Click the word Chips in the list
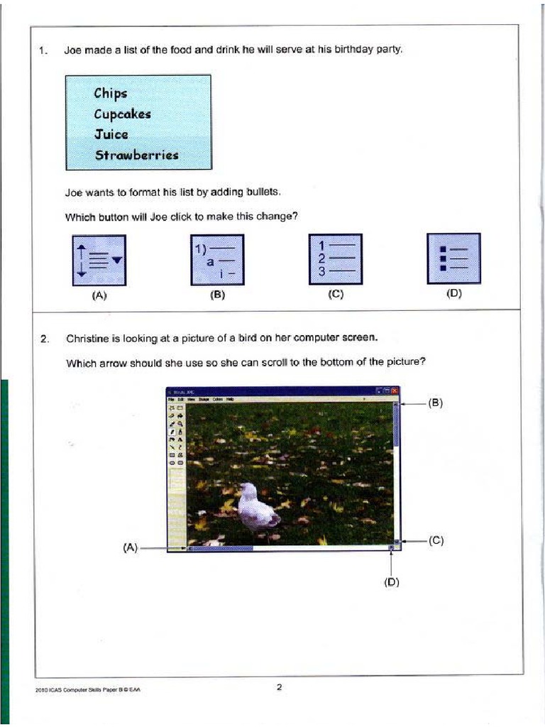(x=110, y=93)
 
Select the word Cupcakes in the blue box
(x=122, y=114)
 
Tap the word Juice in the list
(x=111, y=134)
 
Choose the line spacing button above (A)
(x=99, y=260)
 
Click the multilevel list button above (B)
(x=216, y=260)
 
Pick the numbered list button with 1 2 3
(x=335, y=259)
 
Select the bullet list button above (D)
(x=453, y=258)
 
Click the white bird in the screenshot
(x=256, y=505)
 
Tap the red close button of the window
(x=395, y=390)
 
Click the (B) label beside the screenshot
(x=435, y=403)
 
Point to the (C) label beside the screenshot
(x=436, y=540)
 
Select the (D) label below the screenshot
(x=392, y=582)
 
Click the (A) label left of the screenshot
(x=129, y=547)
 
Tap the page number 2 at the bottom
(x=279, y=687)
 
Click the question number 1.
(x=43, y=50)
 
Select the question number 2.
(x=44, y=339)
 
